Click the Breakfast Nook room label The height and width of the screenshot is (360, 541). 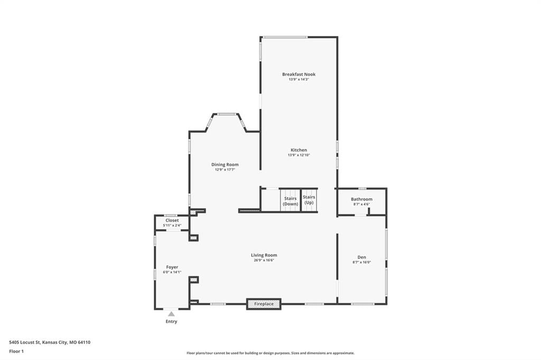click(x=299, y=74)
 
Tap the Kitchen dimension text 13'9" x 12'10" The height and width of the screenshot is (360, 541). click(x=299, y=155)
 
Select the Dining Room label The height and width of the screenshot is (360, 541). click(x=225, y=165)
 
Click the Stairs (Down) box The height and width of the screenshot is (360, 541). click(x=290, y=201)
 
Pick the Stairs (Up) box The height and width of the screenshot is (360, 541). click(x=309, y=200)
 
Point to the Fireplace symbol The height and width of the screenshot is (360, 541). click(x=264, y=304)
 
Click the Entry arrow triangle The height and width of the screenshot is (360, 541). click(x=172, y=314)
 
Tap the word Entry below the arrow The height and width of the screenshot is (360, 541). click(x=172, y=321)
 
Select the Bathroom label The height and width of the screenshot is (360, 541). click(x=361, y=199)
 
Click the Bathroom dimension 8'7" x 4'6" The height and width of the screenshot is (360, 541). click(x=361, y=204)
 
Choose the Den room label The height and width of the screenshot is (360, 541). click(x=361, y=257)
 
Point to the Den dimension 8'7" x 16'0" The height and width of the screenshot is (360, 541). click(x=361, y=262)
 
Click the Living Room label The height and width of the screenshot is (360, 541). click(x=264, y=255)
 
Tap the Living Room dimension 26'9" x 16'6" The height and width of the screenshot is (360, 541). click(x=264, y=260)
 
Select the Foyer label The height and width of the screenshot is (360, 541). click(x=172, y=267)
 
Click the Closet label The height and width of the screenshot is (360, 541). click(x=172, y=220)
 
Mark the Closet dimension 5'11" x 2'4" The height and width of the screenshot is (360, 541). click(x=172, y=225)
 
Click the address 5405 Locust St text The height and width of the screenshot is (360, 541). click(x=25, y=343)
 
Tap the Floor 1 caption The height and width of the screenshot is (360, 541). click(x=16, y=352)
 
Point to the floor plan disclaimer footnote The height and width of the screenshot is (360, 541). click(x=270, y=353)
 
